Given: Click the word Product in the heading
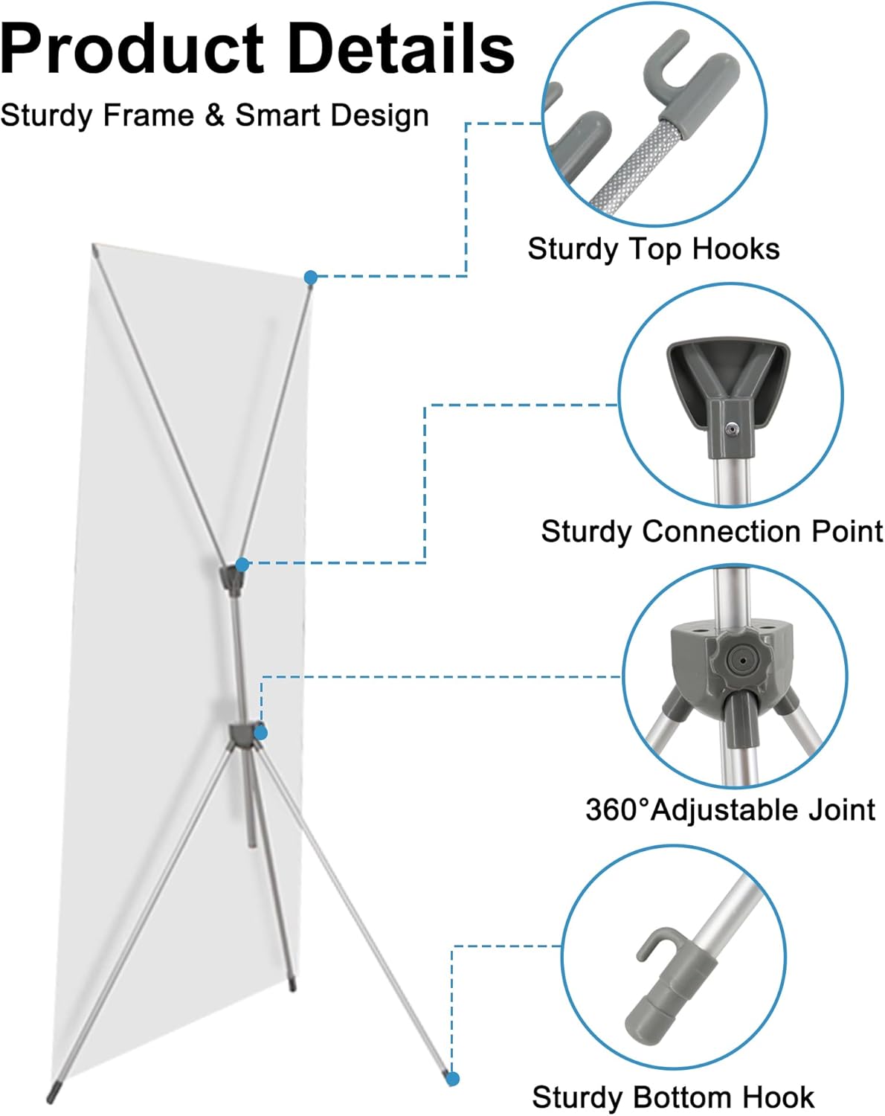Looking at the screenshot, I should pos(132,49).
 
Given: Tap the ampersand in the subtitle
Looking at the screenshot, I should pos(214,115).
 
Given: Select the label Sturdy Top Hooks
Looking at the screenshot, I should pos(653,248).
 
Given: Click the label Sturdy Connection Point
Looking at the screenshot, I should pos(711,531).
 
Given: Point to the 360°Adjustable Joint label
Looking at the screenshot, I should pos(730,809).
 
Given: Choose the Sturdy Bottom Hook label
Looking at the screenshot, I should pos(672,1097).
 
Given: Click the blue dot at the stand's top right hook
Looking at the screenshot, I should pos(311,278).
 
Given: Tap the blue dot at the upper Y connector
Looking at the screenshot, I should pos(242,565).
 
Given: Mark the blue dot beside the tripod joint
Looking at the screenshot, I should pos(260,733).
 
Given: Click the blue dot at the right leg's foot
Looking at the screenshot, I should pos(453,1078).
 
